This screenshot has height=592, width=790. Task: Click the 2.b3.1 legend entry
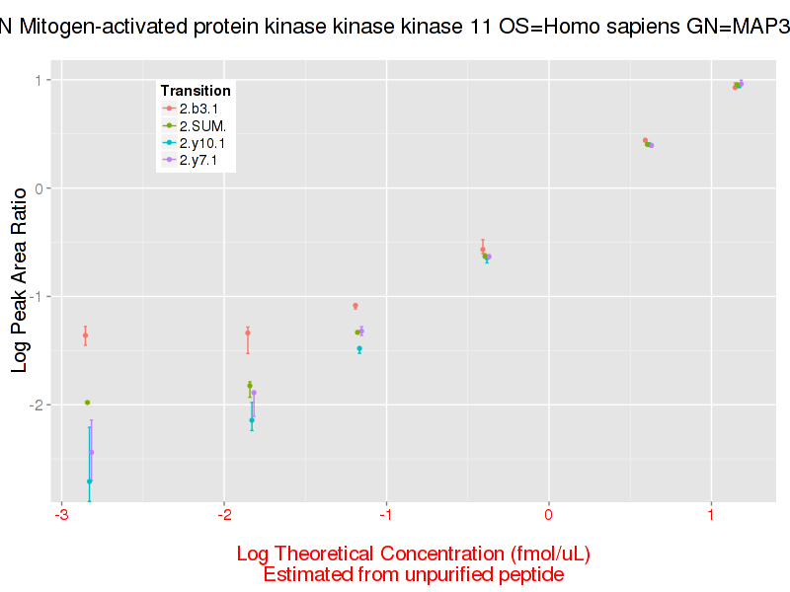(199, 108)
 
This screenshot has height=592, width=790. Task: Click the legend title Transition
(196, 91)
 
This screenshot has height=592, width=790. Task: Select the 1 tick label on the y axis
(39, 80)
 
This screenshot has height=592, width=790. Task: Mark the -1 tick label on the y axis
(35, 296)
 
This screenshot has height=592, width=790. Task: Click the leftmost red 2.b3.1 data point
(85, 335)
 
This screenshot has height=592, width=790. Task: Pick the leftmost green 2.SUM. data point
(87, 403)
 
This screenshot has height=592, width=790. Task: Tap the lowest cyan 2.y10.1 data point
(89, 481)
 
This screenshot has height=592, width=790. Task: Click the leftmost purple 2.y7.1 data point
(92, 453)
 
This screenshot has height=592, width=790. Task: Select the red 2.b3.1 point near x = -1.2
(355, 306)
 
